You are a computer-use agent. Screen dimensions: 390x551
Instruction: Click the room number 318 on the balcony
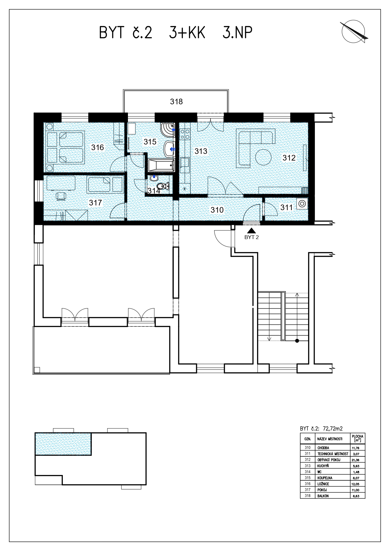176,101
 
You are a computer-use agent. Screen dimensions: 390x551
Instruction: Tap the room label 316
97,147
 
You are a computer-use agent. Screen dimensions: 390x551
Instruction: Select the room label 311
286,207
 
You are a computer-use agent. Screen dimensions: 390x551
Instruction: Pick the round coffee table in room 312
263,157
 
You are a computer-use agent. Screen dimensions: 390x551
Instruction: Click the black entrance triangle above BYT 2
251,230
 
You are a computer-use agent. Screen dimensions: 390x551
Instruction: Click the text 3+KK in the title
187,33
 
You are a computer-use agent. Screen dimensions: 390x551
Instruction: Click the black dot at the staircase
297,341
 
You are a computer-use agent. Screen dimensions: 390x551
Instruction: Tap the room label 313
201,151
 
